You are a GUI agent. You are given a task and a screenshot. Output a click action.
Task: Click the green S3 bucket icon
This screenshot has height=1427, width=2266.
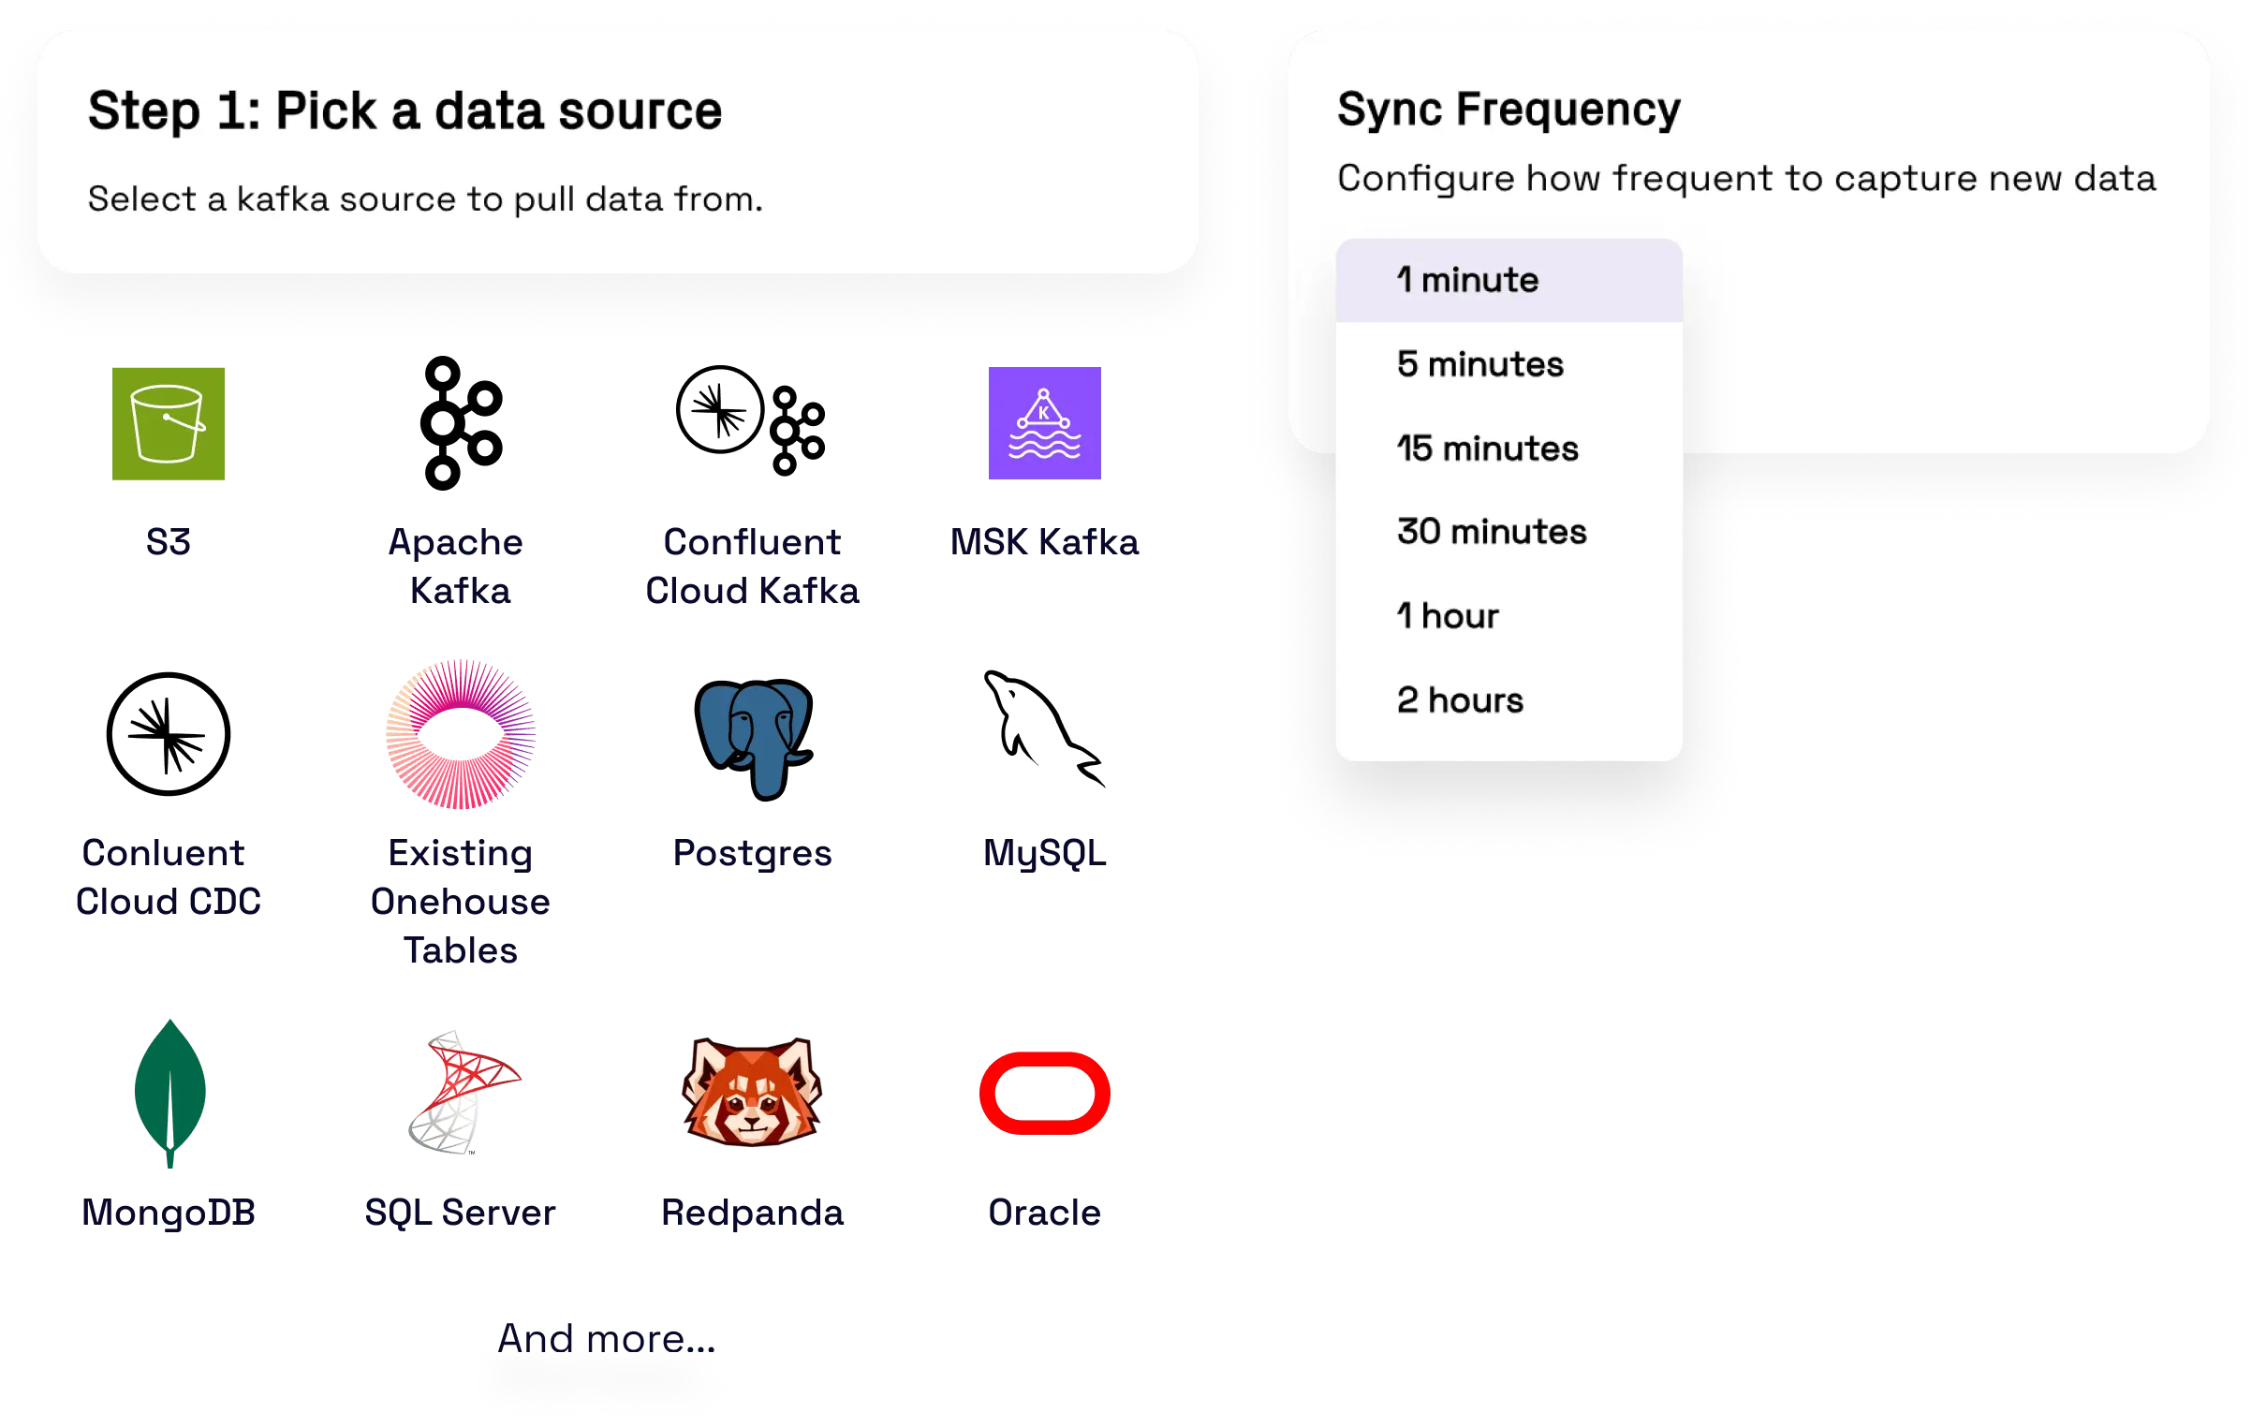pyautogui.click(x=169, y=424)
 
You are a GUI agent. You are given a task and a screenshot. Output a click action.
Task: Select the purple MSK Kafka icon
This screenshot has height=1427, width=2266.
pyautogui.click(x=1044, y=423)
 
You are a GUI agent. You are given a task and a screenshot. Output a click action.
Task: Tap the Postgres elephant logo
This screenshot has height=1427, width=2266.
pyautogui.click(x=753, y=737)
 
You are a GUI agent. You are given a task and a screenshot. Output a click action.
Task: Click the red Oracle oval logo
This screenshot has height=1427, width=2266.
pyautogui.click(x=1045, y=1093)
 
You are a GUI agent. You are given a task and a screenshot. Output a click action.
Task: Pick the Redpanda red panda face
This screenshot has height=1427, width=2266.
pyautogui.click(x=753, y=1092)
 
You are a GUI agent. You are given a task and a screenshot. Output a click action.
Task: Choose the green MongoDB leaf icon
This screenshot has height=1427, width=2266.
pyautogui.click(x=169, y=1095)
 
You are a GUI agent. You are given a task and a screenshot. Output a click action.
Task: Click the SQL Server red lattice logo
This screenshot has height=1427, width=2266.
pyautogui.click(x=461, y=1092)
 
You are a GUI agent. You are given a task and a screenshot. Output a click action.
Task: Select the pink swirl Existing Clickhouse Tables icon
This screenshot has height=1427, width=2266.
pyautogui.click(x=460, y=734)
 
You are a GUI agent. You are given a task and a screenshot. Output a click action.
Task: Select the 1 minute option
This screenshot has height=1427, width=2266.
pyautogui.click(x=1467, y=281)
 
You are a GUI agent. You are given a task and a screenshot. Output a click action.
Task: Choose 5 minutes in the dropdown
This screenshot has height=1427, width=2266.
pyautogui.click(x=1479, y=364)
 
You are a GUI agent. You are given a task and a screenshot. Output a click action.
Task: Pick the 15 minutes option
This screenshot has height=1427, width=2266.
pyautogui.click(x=1487, y=449)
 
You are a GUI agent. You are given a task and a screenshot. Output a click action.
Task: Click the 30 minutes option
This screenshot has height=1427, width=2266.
pyautogui.click(x=1491, y=532)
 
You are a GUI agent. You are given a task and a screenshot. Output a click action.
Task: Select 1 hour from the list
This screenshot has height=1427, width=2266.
pyautogui.click(x=1448, y=616)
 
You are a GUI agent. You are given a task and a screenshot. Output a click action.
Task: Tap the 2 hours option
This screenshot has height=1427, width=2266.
pyautogui.click(x=1460, y=700)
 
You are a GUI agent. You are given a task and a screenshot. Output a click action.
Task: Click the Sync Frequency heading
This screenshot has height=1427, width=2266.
pyautogui.click(x=1508, y=110)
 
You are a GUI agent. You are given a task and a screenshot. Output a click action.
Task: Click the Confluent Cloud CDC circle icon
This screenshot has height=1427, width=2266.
pyautogui.click(x=169, y=734)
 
